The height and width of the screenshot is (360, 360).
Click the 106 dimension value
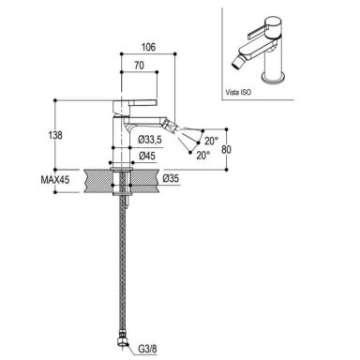[148, 47]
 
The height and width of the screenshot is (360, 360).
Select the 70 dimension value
[139, 66]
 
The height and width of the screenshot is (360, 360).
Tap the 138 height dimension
[55, 135]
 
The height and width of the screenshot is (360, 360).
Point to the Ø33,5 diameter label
[150, 141]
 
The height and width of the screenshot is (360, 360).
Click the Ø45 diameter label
[147, 156]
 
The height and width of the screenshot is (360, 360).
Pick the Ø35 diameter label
[171, 178]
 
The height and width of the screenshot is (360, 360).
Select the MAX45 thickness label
[55, 180]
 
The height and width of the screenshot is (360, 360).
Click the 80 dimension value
[226, 150]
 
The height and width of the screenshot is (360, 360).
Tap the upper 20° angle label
[211, 141]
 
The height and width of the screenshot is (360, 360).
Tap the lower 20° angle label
[203, 156]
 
